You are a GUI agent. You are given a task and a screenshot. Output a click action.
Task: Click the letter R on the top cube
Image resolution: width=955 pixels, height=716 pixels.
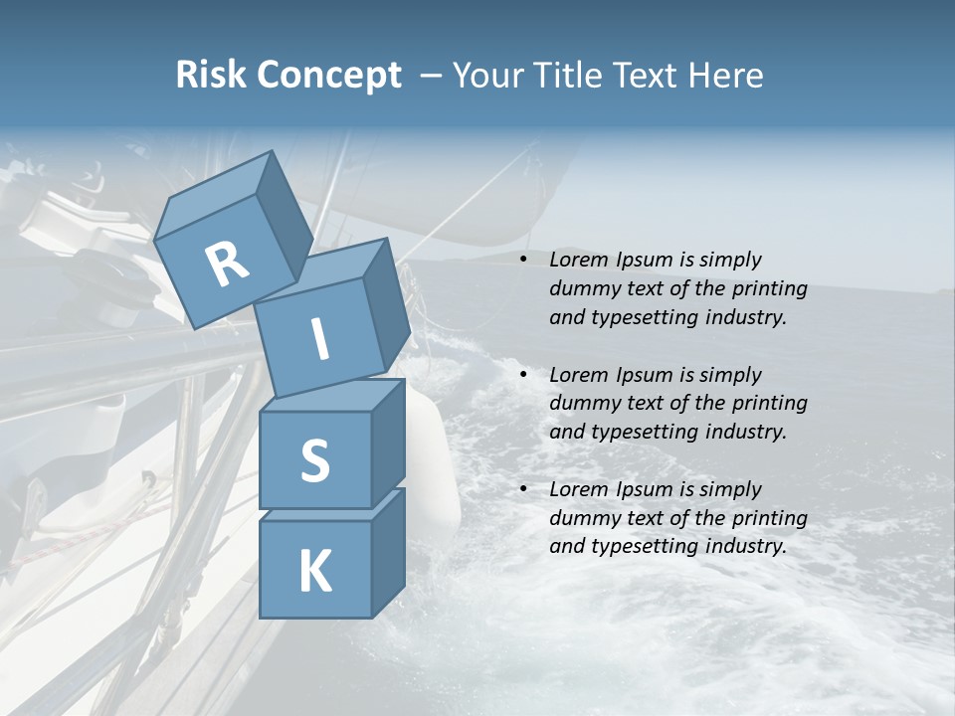227,265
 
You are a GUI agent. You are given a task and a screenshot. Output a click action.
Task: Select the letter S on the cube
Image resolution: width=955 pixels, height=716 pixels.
314,460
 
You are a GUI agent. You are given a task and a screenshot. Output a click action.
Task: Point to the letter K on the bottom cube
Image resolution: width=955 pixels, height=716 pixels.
314,572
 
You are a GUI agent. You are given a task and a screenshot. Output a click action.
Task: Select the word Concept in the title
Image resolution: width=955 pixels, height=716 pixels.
329,76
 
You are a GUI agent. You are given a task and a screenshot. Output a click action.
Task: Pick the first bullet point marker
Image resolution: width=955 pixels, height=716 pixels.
523,261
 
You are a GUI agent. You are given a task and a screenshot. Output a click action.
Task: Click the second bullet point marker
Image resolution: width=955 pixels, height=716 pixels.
523,376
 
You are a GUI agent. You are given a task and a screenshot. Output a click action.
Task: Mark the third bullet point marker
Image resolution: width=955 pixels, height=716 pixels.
523,490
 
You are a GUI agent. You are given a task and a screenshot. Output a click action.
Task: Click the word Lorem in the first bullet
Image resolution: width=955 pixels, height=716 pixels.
578,261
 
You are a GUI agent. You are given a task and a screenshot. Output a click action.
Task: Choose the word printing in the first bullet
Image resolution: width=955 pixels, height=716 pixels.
769,289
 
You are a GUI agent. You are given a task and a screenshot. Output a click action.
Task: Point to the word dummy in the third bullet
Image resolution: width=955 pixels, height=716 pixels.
583,518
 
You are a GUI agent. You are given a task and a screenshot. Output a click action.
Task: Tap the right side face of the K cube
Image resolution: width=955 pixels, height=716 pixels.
387,552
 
